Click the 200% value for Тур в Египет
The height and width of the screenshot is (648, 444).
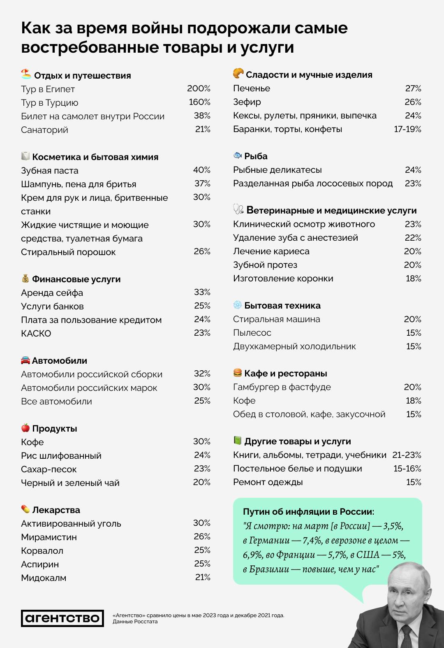[x=199, y=88]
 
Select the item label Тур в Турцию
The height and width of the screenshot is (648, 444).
[x=49, y=102]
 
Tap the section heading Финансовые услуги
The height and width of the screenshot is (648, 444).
[x=76, y=279]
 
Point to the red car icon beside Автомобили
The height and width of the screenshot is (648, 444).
[x=25, y=360]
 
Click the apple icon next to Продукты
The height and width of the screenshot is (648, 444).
[x=25, y=428]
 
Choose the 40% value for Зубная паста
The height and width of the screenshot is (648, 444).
[x=201, y=170]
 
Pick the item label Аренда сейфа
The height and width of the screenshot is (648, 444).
[x=52, y=293]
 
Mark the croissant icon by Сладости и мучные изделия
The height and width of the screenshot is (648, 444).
[x=238, y=74]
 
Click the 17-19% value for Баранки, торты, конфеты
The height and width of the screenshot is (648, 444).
[x=407, y=129]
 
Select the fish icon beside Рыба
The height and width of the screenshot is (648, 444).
[x=238, y=156]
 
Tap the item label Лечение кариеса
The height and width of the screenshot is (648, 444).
[x=271, y=251]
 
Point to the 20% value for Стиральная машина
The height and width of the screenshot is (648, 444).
[x=412, y=319]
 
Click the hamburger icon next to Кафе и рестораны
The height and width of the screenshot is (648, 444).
[x=238, y=373]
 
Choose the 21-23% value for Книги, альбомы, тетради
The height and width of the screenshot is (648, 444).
[x=407, y=455]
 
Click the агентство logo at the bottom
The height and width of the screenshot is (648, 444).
[x=62, y=618]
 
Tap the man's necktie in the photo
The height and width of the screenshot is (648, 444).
[x=407, y=636]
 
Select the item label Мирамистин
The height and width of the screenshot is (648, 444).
[x=49, y=537]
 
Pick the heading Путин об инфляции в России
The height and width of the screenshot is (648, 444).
[x=308, y=512]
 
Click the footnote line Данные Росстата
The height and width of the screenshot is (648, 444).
[x=135, y=622]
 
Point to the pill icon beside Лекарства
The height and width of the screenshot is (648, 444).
[x=25, y=509]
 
